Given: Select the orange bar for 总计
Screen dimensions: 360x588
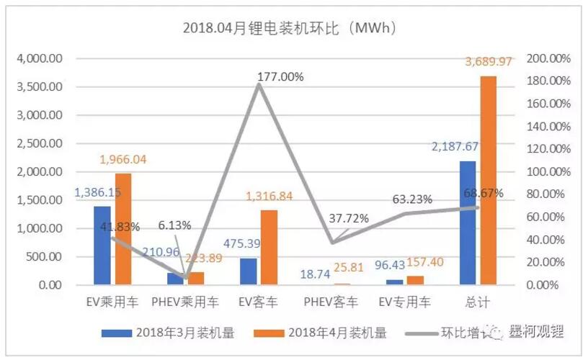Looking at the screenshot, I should pyautogui.click(x=489, y=180).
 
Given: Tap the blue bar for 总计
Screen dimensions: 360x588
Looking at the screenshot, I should pyautogui.click(x=468, y=223).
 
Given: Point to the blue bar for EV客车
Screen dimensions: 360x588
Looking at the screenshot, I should pyautogui.click(x=249, y=271).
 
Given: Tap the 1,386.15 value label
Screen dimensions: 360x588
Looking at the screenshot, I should pyautogui.click(x=99, y=194).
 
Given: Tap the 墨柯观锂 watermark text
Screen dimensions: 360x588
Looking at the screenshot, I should pyautogui.click(x=533, y=331).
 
